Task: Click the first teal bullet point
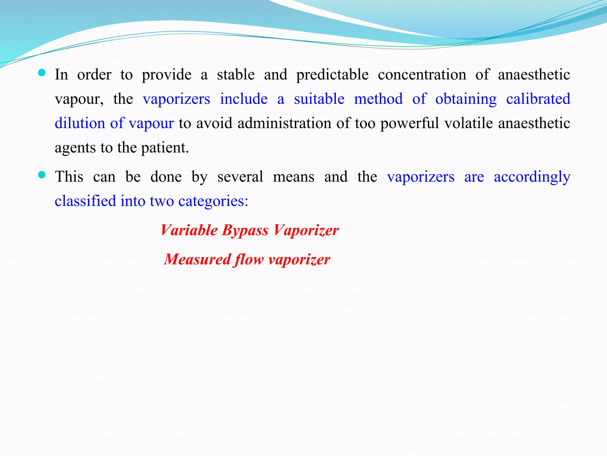(x=42, y=73)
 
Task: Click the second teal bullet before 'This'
(x=42, y=175)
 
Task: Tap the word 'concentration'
(x=422, y=74)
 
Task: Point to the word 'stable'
(x=236, y=74)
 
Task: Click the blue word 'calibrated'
(x=538, y=99)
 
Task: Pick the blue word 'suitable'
(x=319, y=99)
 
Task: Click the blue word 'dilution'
(x=80, y=123)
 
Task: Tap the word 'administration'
(x=284, y=123)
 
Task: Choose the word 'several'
(x=240, y=177)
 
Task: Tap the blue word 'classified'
(x=85, y=201)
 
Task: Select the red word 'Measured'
(x=197, y=259)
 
